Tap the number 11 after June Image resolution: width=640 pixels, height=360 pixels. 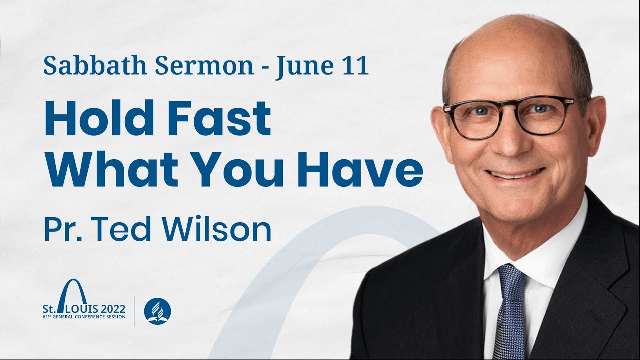point(356,66)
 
